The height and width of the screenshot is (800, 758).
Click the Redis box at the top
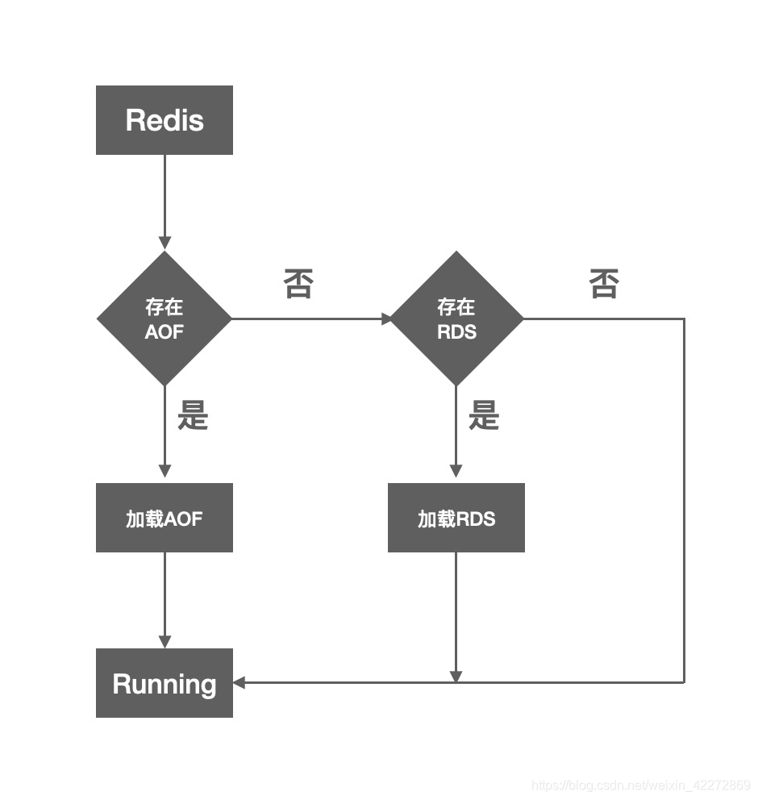165,120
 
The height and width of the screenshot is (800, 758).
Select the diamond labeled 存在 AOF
165,319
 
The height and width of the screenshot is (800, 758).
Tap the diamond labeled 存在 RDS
456,319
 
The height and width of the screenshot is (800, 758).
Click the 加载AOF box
165,518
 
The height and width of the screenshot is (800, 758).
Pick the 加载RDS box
456,518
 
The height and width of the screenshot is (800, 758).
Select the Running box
165,683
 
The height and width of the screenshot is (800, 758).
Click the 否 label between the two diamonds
298,284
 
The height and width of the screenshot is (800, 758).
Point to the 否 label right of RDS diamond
604,284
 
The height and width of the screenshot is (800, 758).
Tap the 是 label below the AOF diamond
193,415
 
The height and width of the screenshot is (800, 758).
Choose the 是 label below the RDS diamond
484,415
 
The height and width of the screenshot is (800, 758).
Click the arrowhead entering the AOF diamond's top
165,243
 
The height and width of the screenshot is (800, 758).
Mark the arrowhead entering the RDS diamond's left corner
387,319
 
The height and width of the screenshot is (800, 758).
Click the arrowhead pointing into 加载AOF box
165,471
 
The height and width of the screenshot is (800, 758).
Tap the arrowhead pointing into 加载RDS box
456,471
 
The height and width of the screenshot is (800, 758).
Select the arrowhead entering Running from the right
239,683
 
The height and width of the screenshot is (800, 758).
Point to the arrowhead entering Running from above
165,642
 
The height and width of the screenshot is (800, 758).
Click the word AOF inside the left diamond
165,331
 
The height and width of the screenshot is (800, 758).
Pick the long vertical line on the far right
685,500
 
